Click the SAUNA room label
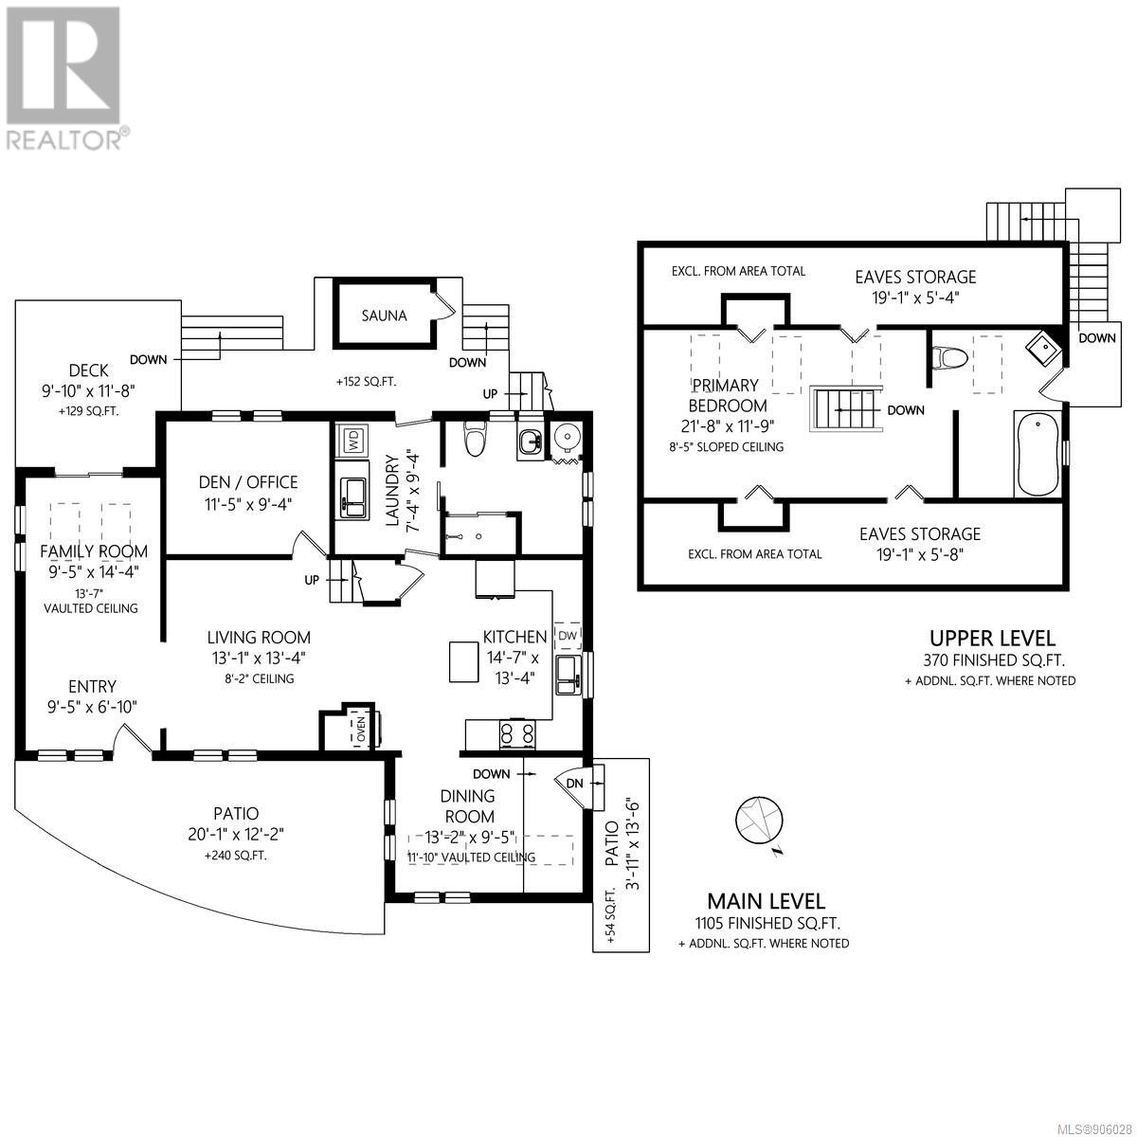[x=384, y=316]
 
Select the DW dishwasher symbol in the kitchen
[x=567, y=637]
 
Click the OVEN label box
[x=360, y=730]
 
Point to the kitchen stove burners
[x=517, y=734]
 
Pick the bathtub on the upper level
[x=1038, y=455]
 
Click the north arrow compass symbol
[x=759, y=821]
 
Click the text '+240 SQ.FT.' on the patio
[x=235, y=856]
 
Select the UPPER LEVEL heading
[x=992, y=638]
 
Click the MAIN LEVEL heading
[x=766, y=901]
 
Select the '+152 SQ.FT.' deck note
[x=366, y=382]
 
